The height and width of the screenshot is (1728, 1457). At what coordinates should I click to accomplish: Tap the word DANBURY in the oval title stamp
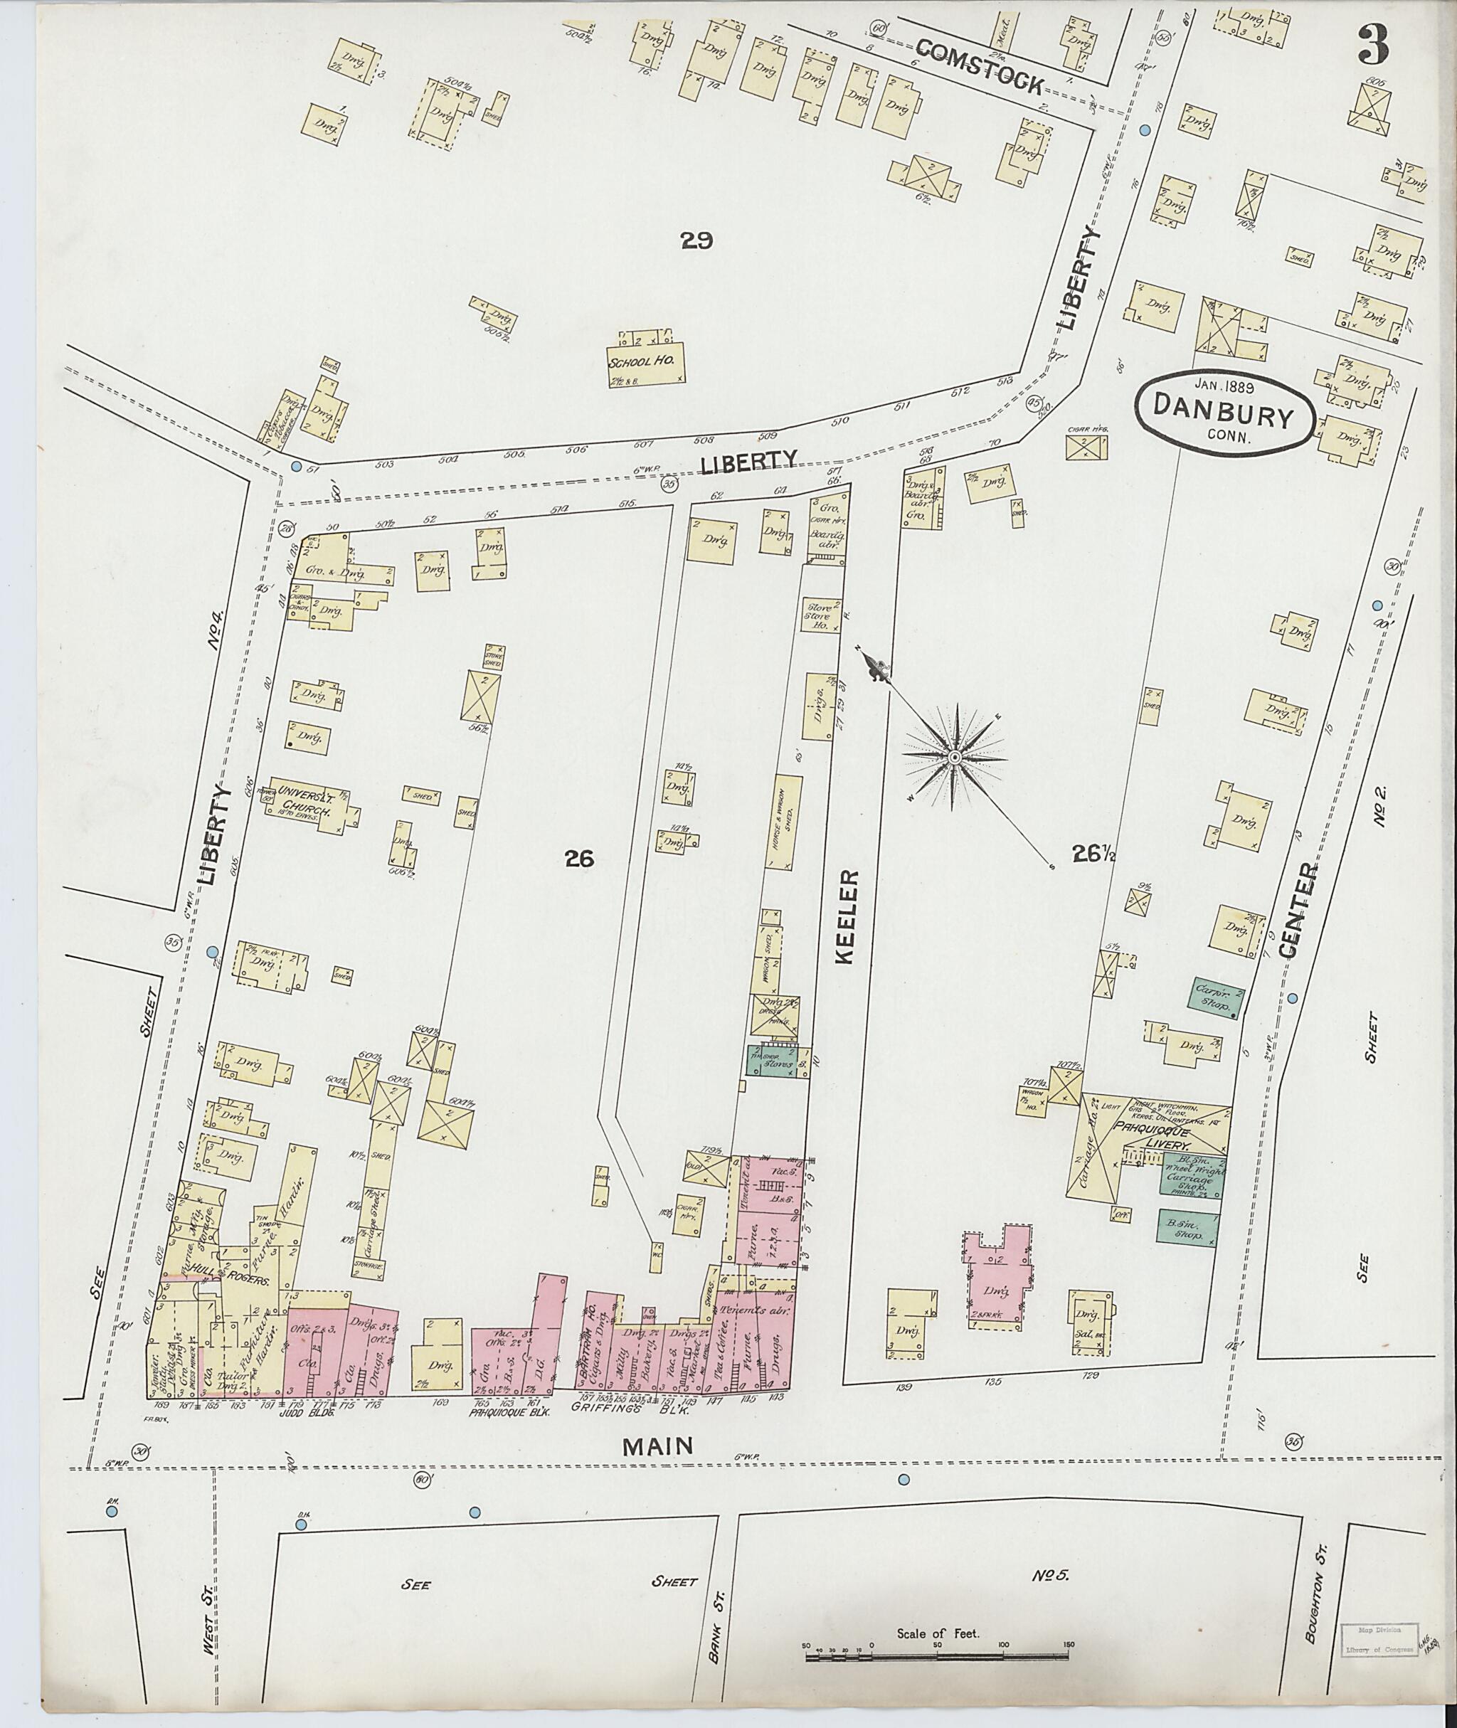(x=1223, y=419)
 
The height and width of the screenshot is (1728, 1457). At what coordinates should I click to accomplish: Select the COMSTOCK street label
(x=979, y=67)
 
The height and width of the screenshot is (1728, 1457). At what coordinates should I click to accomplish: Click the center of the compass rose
(x=955, y=757)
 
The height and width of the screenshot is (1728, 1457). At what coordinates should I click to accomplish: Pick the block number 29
(x=696, y=240)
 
